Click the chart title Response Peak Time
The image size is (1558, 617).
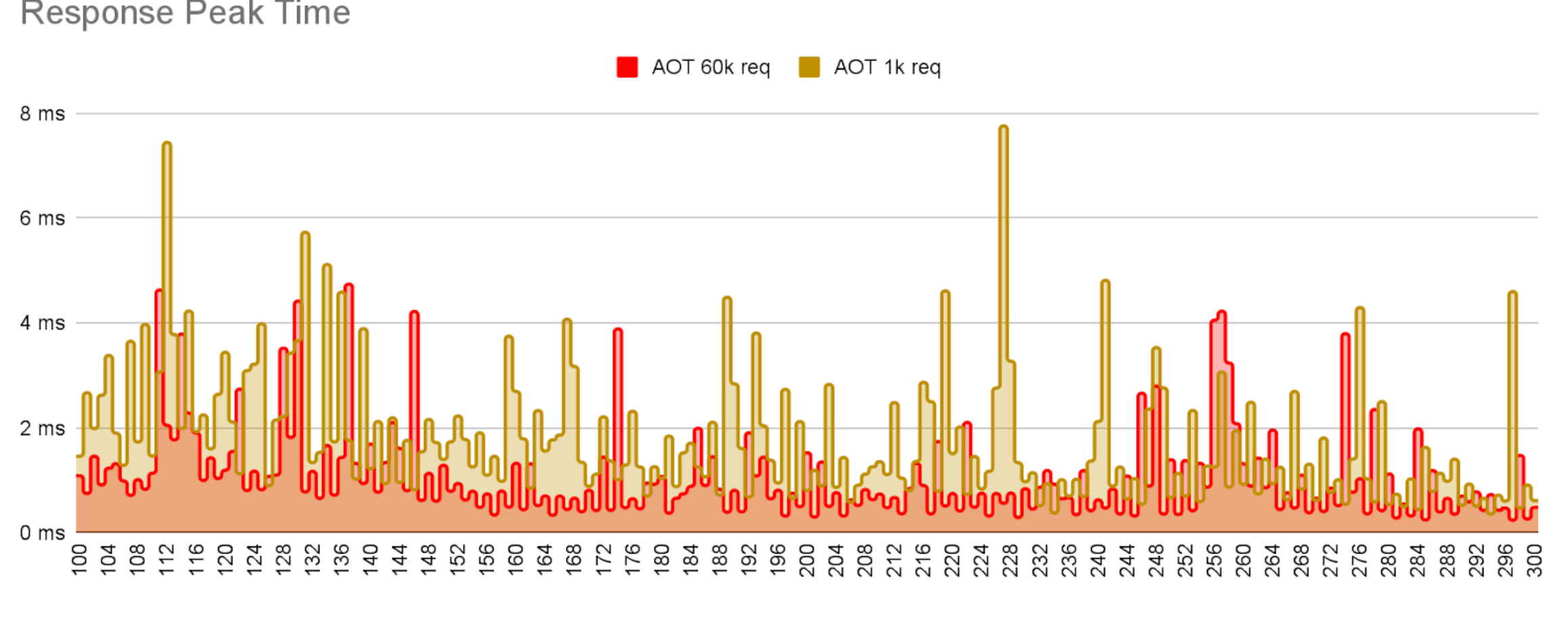(x=185, y=14)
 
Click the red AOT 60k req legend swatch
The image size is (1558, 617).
(x=627, y=67)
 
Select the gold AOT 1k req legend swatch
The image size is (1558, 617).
(x=809, y=67)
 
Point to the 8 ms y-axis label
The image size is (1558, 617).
(x=42, y=114)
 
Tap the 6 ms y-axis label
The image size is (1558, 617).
(x=42, y=219)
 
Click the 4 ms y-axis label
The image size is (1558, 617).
(x=42, y=323)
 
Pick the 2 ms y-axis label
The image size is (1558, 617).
(x=42, y=428)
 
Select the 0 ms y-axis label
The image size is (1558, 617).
(x=42, y=533)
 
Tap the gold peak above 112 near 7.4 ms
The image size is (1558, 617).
(x=166, y=144)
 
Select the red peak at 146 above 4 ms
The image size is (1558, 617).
(x=414, y=313)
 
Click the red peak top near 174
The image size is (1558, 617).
(x=618, y=331)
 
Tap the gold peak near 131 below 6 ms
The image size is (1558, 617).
(x=305, y=234)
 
